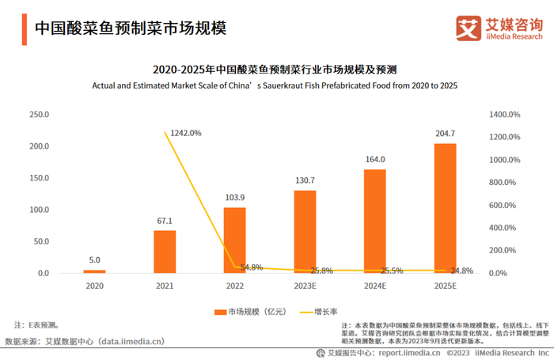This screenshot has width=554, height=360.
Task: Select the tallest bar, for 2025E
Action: [445, 208]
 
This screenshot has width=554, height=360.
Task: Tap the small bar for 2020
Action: [94, 271]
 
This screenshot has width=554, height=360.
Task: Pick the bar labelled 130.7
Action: [305, 232]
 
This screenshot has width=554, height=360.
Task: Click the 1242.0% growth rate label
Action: [185, 133]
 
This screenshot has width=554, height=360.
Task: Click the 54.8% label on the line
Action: [251, 267]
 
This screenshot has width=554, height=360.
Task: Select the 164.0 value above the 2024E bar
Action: [375, 159]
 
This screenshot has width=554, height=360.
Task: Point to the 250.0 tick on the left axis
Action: [39, 115]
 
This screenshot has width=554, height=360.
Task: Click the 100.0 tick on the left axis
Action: [39, 210]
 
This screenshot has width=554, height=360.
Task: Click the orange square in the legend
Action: [218, 312]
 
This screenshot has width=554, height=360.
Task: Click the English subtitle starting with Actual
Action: [275, 85]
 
